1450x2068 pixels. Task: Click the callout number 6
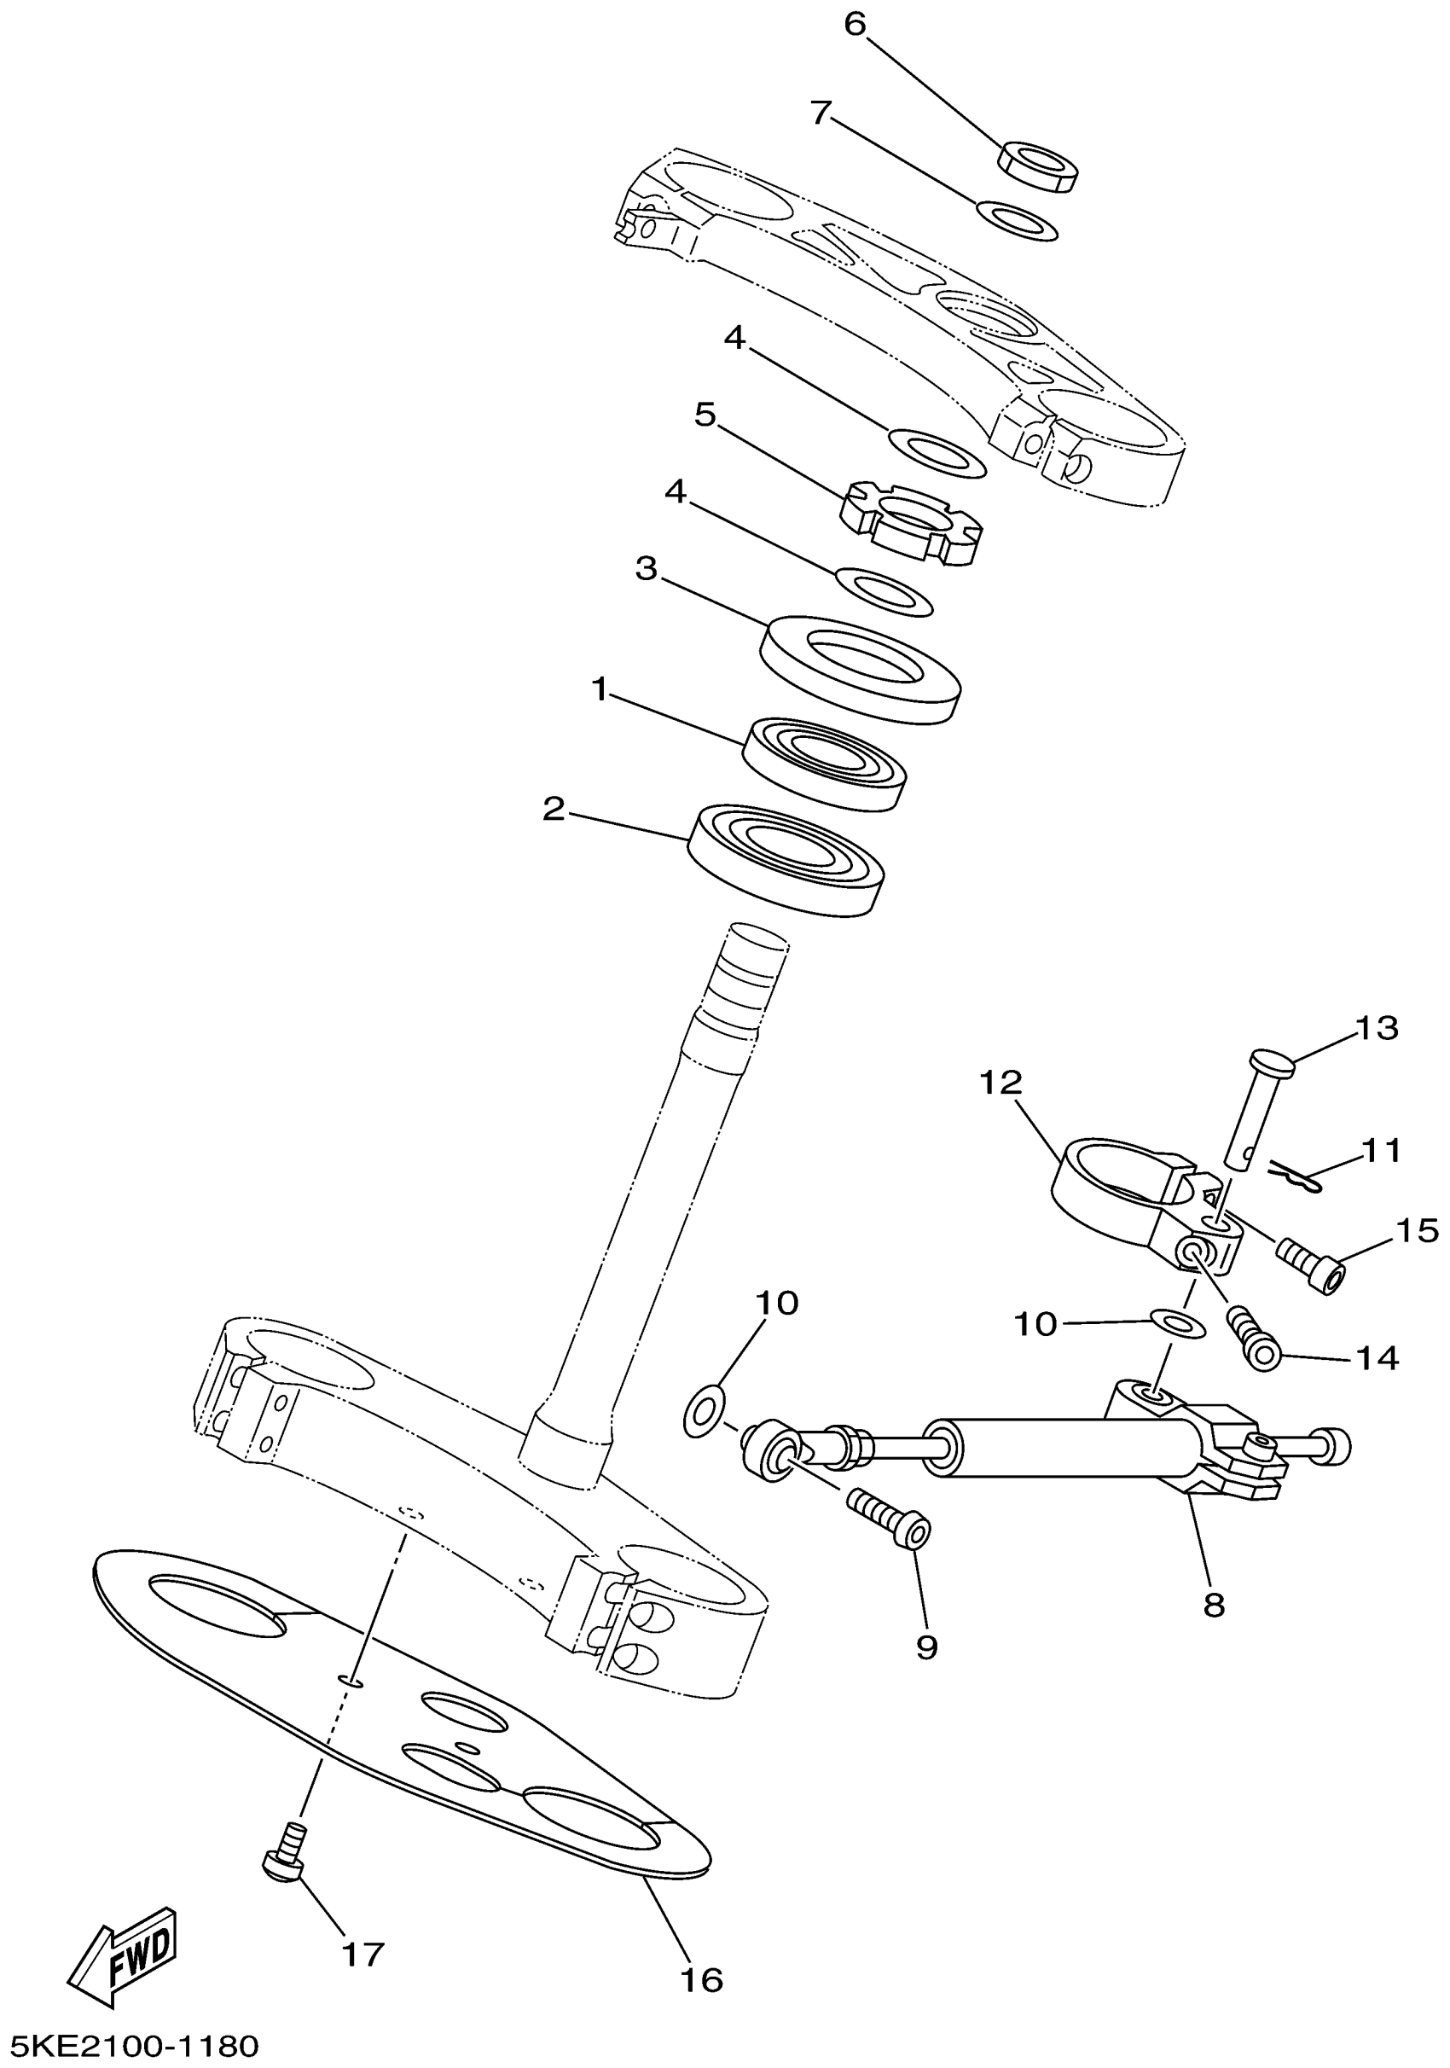854,26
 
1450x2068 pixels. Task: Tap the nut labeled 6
1038,166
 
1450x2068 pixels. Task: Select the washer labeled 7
1017,222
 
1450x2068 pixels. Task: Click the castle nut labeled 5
911,523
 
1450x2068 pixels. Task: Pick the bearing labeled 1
823,763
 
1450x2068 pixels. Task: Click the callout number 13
1376,1028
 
